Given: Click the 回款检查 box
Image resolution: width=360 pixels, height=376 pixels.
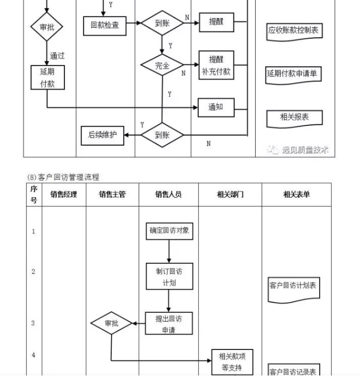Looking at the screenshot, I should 105,25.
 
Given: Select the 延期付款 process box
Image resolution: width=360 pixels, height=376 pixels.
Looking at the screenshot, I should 47,78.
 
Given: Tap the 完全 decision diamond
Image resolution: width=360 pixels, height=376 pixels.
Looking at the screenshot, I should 162,65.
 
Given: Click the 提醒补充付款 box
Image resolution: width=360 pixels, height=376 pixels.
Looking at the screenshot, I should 216,65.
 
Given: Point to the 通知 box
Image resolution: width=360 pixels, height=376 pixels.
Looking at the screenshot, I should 215,107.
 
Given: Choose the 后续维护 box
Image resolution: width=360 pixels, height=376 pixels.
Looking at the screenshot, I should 102,135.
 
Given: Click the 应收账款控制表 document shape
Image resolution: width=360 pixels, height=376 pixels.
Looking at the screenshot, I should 294,31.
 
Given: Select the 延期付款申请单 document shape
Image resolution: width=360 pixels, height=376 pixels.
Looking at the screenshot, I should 294,74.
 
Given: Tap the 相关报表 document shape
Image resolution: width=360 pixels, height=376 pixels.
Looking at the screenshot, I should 294,118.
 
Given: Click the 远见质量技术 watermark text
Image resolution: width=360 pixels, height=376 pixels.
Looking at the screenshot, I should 305,150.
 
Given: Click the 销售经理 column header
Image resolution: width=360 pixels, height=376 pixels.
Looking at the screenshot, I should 64,195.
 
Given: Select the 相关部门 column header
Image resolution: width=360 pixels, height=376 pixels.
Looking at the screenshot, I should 230,195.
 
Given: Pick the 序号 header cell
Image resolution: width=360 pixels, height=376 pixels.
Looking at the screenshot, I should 34,195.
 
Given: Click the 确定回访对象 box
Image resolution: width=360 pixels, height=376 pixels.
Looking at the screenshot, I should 169,231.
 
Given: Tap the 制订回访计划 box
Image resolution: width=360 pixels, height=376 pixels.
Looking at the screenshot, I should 169,277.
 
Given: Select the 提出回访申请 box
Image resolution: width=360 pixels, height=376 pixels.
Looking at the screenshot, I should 169,323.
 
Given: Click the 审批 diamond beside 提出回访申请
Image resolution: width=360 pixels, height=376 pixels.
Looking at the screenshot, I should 111,323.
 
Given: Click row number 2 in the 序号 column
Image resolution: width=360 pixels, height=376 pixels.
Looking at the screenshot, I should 34,272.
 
